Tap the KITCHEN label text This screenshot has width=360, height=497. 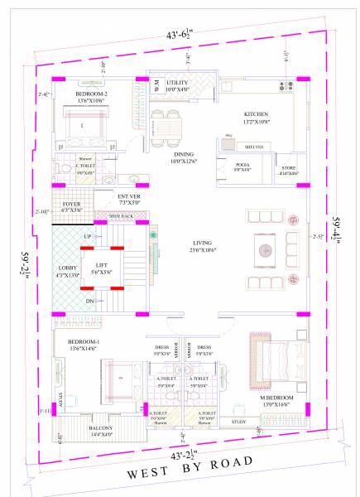pos(257,114)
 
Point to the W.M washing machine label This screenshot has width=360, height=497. pos(155,84)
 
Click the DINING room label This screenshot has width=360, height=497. pos(184,154)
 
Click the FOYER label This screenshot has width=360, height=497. pos(70,204)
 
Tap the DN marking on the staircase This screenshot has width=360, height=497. pos(89,302)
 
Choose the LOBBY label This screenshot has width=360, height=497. pos(67,268)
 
